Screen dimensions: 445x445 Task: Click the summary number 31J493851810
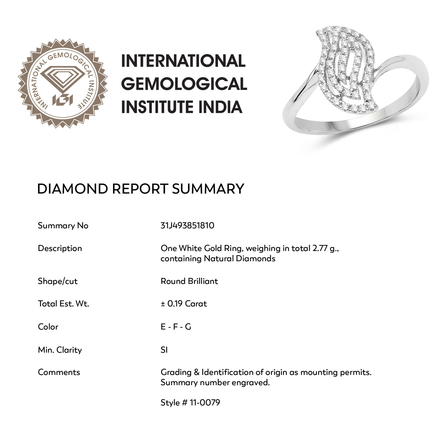(187, 225)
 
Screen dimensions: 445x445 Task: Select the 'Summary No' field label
(63, 226)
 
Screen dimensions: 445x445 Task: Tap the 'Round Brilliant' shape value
(189, 281)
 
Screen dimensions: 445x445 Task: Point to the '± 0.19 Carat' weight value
(184, 304)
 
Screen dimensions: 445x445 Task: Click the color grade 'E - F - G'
(176, 327)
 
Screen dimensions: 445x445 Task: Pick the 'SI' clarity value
(164, 350)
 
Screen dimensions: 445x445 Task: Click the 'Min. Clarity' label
(60, 350)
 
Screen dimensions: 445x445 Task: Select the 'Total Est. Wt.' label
(63, 304)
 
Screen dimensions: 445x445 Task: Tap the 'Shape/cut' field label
(58, 281)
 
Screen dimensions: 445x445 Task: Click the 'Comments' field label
(59, 372)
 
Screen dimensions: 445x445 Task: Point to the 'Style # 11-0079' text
(190, 403)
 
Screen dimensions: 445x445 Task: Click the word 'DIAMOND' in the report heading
(72, 189)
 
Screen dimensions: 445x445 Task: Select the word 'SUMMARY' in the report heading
(208, 189)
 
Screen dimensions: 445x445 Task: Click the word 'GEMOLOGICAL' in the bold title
(184, 84)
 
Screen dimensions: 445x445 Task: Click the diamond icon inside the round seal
(63, 78)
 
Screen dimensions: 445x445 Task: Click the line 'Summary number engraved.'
(215, 383)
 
